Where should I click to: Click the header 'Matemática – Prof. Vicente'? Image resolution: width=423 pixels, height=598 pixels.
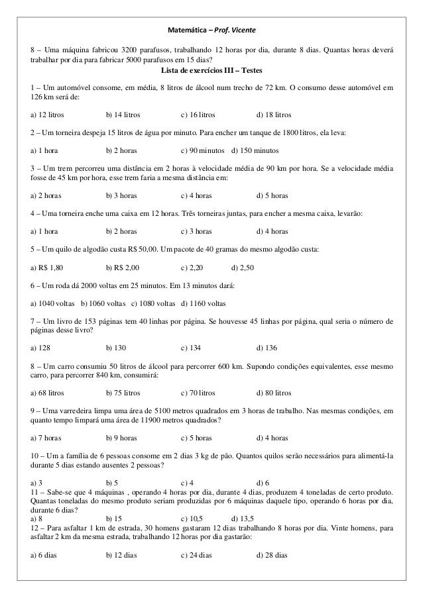click(x=211, y=30)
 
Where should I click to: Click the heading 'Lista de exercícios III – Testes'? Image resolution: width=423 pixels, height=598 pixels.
click(x=211, y=72)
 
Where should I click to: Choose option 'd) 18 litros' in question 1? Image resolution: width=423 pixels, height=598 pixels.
click(x=273, y=114)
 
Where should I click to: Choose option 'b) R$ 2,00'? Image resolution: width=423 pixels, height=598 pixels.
click(x=123, y=268)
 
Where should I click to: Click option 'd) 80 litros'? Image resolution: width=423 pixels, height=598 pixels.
click(x=273, y=392)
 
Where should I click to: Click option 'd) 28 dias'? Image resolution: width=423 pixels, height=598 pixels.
click(x=271, y=554)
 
